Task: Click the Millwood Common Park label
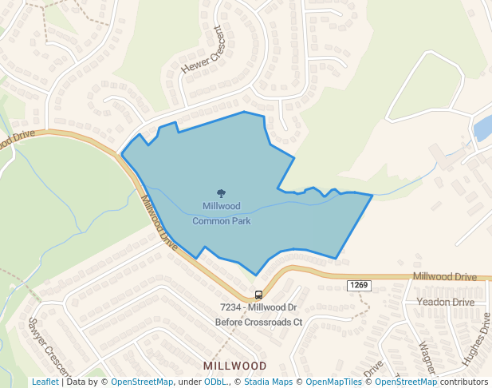tap(221, 213)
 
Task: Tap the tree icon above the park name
tap(221, 192)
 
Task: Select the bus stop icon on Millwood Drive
tap(258, 295)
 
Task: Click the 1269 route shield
tap(358, 285)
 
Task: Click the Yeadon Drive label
tap(445, 303)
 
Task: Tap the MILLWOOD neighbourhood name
tap(234, 366)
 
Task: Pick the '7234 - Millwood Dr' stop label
tap(258, 307)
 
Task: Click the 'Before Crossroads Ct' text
tap(258, 323)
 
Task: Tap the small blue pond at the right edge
tap(483, 128)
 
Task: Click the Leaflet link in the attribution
tap(45, 382)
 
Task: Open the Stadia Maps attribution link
tap(268, 382)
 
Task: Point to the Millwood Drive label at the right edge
tap(444, 276)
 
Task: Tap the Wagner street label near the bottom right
tap(427, 357)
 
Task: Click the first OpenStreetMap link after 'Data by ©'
tap(141, 382)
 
